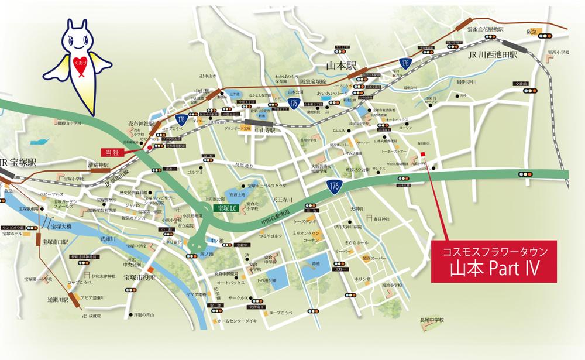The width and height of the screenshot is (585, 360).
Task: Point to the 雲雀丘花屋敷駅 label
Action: click(x=484, y=28)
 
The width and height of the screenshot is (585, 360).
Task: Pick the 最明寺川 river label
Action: click(x=467, y=82)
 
